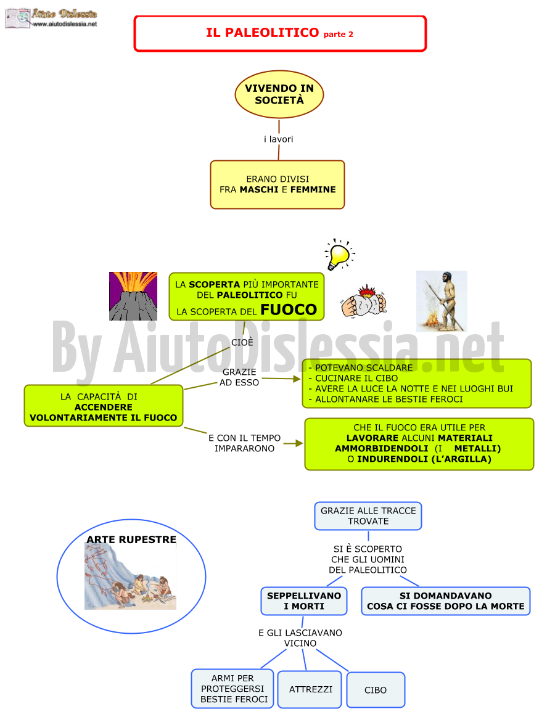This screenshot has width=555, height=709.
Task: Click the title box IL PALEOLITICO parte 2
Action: point(280,33)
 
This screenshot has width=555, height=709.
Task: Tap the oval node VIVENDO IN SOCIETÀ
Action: point(279,94)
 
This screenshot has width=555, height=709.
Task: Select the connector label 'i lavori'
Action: point(278,139)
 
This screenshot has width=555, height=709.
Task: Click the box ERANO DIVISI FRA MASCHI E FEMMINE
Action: point(277,184)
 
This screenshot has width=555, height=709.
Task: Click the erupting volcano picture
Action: point(133,296)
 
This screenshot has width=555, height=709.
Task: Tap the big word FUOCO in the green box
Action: point(289,309)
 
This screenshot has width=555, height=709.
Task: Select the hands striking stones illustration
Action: point(364,301)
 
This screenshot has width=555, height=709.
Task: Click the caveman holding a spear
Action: point(442,301)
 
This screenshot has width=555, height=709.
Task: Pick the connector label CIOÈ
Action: point(242,342)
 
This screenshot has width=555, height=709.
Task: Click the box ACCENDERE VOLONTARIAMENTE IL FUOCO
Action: point(104,406)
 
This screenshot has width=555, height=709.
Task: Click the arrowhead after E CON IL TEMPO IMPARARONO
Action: point(299,443)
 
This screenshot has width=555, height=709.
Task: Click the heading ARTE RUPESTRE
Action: point(131,539)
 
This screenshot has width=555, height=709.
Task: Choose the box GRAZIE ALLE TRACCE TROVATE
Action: point(368,516)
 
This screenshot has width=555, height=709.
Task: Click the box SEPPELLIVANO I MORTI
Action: point(304,601)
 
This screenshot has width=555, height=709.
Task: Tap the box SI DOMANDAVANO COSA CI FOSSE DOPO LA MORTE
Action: point(445,601)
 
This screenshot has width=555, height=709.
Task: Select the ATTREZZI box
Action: point(310,689)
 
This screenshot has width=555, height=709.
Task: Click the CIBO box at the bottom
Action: point(376,690)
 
